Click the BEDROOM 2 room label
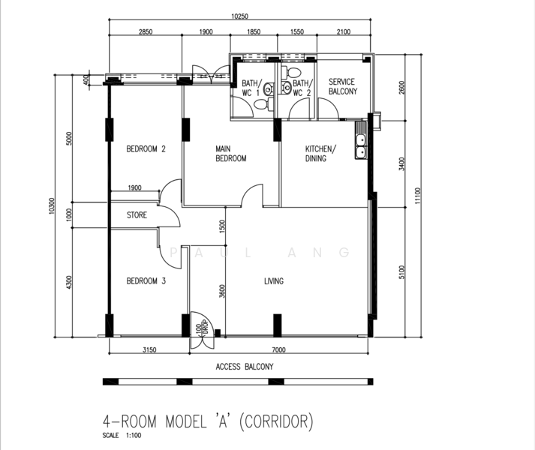tap(146, 148)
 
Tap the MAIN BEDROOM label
tap(230, 154)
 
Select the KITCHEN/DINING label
tap(320, 154)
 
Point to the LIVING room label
tap(274, 281)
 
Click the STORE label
tap(137, 215)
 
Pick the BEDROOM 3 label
tap(146, 281)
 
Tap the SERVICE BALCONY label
tap(343, 87)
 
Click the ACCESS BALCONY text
tap(245, 367)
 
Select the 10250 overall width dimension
tap(239, 16)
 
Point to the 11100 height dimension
tap(418, 196)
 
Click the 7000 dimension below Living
tap(279, 349)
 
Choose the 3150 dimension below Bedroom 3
tap(149, 349)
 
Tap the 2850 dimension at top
tap(146, 31)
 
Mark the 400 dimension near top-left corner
tap(86, 79)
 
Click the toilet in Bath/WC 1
tap(263, 104)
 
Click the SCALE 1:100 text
tap(122, 435)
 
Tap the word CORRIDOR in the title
tap(276, 421)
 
